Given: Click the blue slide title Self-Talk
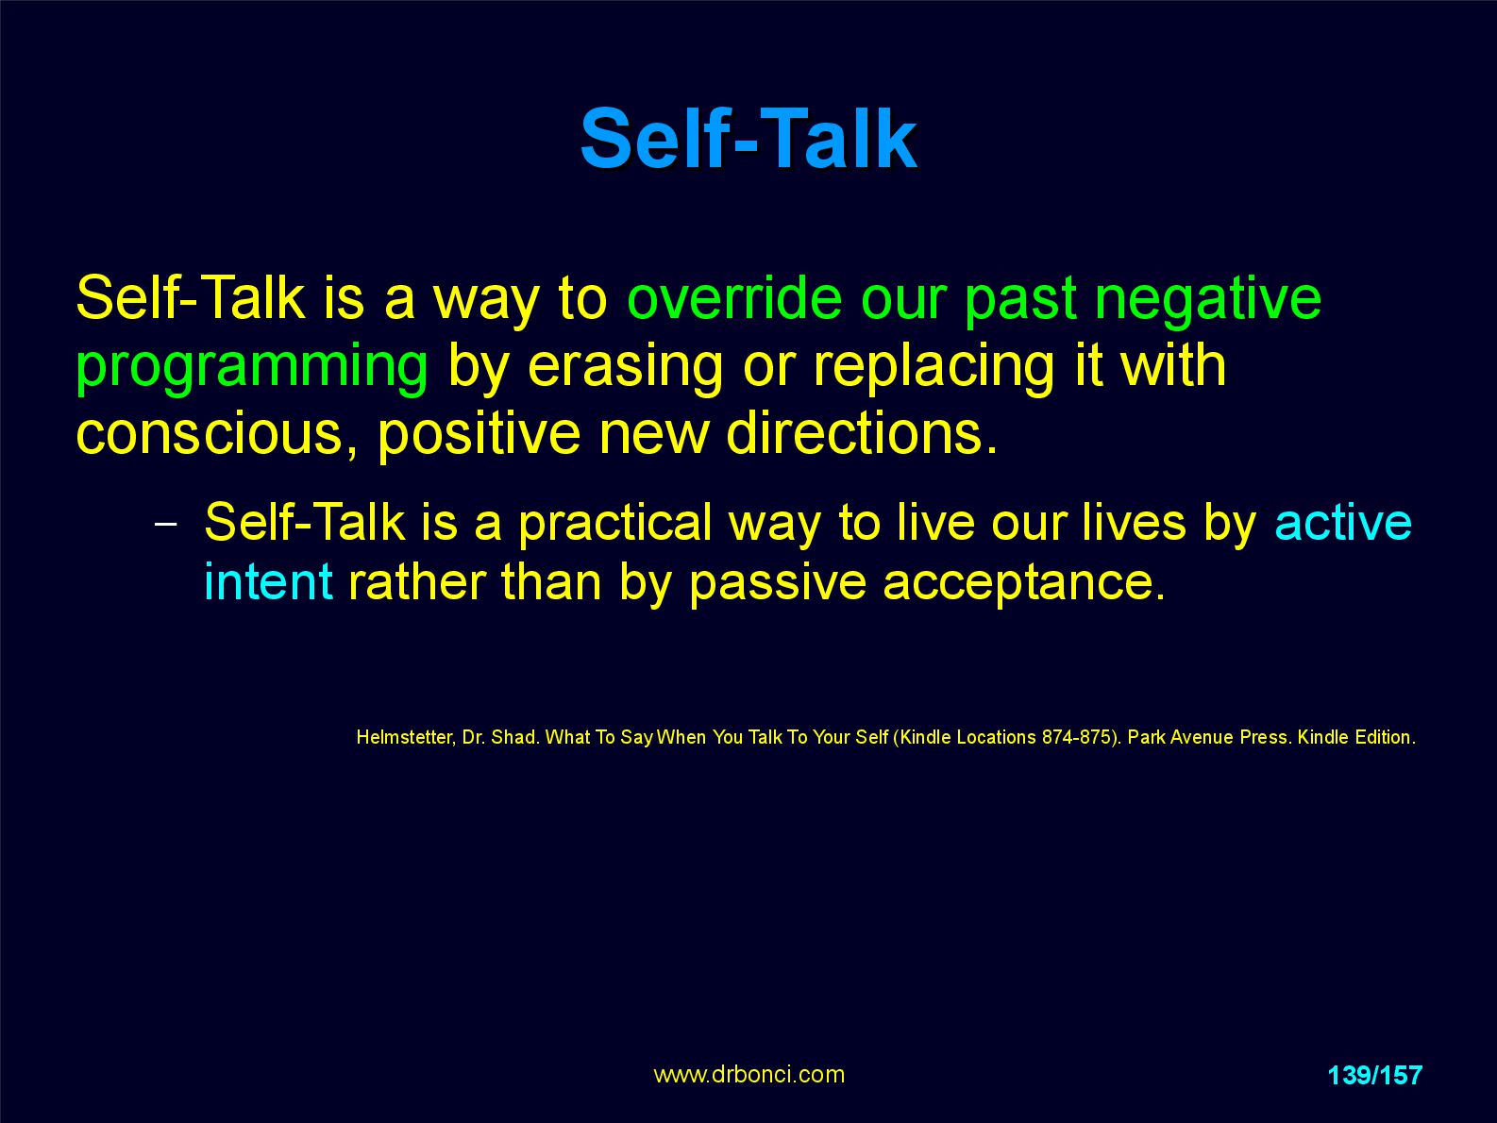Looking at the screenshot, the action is [748, 140].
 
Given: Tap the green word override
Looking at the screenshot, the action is [734, 298].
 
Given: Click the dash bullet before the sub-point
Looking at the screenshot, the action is [166, 525].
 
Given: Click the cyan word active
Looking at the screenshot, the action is [1343, 523].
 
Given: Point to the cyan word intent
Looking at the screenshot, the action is [269, 582].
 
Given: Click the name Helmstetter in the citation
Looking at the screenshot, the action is [405, 737].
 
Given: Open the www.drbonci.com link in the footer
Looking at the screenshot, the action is [748, 1075].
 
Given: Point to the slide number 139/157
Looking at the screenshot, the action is [1374, 1075].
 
